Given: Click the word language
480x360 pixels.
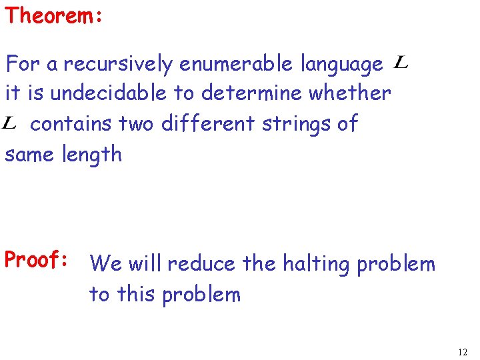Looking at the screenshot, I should click(x=342, y=65).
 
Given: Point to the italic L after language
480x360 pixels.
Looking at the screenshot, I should click(x=401, y=63).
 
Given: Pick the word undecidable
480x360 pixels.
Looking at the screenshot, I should click(x=109, y=93).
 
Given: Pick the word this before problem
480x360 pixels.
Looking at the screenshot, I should click(x=139, y=294).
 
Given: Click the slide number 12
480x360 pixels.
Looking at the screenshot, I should click(x=463, y=351).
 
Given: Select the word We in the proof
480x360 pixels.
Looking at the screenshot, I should click(x=105, y=264).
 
